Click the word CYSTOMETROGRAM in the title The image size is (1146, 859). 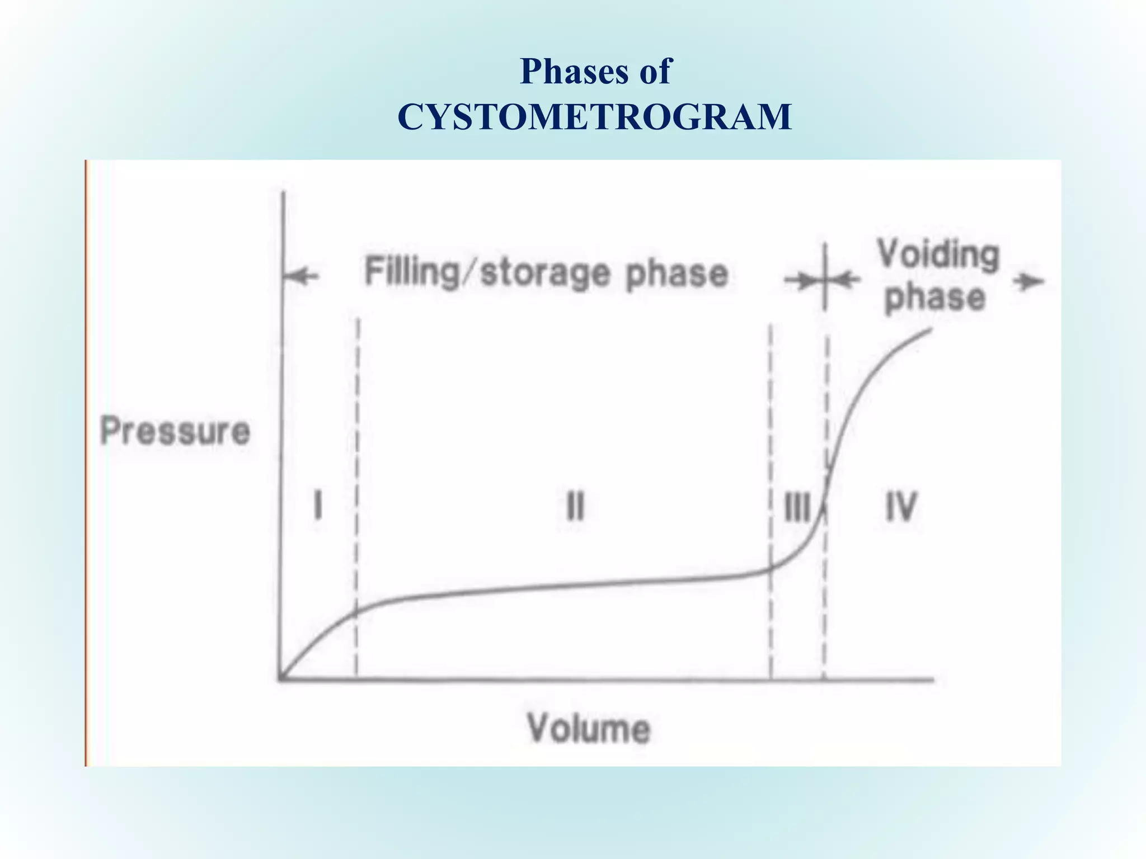(594, 117)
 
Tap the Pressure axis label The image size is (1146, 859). (175, 431)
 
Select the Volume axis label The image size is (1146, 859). (589, 728)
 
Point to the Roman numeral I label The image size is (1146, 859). (318, 504)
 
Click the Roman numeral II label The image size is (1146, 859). (575, 506)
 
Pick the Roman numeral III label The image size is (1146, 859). (797, 507)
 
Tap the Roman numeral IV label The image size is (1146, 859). (901, 506)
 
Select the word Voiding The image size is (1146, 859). (938, 256)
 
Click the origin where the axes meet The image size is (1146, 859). (281, 679)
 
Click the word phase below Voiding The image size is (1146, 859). (934, 297)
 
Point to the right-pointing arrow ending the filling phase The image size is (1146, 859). (800, 281)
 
